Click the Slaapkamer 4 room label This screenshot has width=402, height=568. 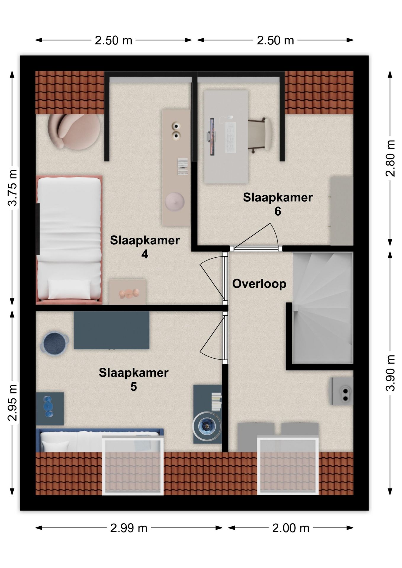click(x=145, y=247)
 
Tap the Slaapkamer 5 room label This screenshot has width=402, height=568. click(x=134, y=379)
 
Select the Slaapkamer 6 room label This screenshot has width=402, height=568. click(x=278, y=204)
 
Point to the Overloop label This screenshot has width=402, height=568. click(x=259, y=284)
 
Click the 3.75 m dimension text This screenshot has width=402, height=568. click(x=13, y=188)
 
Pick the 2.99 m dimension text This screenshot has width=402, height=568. click(x=129, y=528)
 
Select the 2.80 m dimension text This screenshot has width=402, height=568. click(x=390, y=158)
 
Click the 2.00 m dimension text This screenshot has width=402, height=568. click(x=291, y=528)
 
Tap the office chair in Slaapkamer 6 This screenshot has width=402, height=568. click(x=260, y=135)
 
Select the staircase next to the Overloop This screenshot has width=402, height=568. click(x=323, y=308)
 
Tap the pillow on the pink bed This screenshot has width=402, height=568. click(x=69, y=289)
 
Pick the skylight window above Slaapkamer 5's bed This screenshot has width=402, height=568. click(x=133, y=465)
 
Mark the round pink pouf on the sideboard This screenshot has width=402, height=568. click(x=175, y=201)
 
